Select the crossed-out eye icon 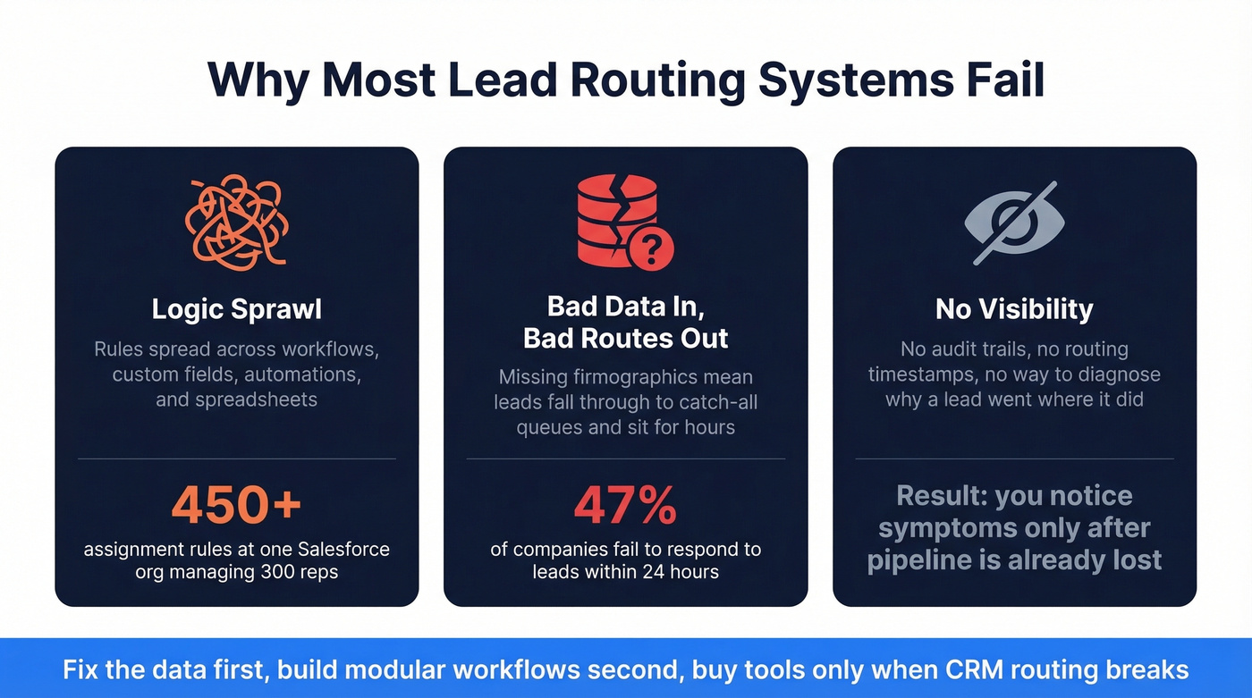point(1014,222)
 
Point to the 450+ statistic point(236,505)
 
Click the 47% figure point(625,505)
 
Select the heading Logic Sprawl point(236,309)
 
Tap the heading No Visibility point(1014,309)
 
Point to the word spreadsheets point(236,399)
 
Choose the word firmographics point(644,377)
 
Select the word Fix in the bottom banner point(80,669)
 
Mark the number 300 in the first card point(282,572)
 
